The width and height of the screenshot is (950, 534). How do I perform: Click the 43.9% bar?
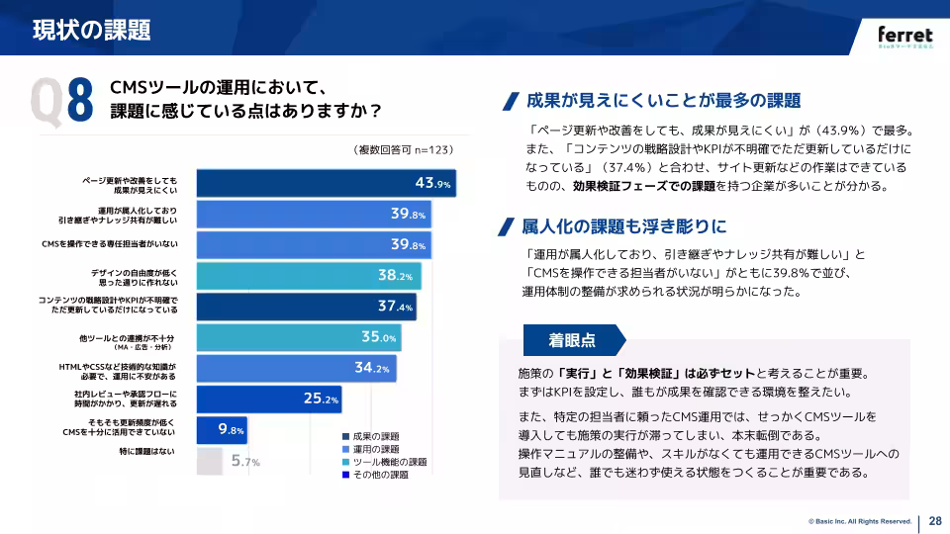pos(327,183)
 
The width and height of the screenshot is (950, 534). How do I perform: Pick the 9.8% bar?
pos(221,429)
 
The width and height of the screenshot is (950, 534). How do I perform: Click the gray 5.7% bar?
pos(210,461)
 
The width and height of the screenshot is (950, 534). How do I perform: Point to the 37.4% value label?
pos(396,307)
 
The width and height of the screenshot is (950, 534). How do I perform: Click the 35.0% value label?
pos(379,337)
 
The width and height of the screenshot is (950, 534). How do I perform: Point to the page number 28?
pos(934,522)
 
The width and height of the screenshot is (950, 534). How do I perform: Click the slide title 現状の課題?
pos(91,30)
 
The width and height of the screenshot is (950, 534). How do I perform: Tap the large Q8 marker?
pos(61,99)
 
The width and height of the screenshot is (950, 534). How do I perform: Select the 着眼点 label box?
pos(572,340)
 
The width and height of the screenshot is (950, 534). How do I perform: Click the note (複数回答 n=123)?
pos(403,150)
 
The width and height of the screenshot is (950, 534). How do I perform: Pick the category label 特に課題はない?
pos(145,452)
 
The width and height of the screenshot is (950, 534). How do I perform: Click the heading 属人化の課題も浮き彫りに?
pos(623,225)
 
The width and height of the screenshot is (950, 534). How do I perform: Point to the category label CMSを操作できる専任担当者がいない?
pos(109,244)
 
